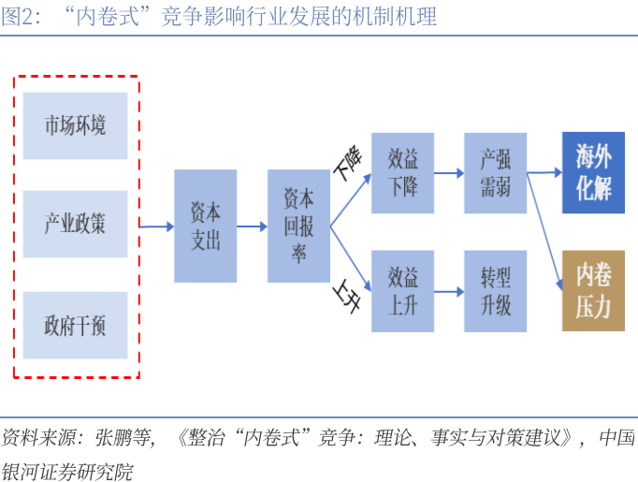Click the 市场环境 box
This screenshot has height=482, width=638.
[x=75, y=125]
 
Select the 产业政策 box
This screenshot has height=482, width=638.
[x=75, y=224]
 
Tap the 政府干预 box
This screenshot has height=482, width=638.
[x=75, y=326]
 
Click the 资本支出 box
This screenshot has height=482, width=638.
[x=206, y=226]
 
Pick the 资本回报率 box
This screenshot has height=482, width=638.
[x=298, y=226]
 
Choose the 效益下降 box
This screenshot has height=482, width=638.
[x=403, y=173]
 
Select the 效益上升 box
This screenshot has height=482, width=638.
[x=403, y=291]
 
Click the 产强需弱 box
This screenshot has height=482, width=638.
[x=496, y=173]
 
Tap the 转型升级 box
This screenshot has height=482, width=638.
[x=496, y=291]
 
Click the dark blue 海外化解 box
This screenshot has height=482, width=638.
[x=594, y=172]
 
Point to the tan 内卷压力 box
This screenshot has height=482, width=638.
[x=594, y=291]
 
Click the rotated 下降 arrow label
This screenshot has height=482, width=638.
[x=348, y=163]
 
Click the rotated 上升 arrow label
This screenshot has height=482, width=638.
[x=347, y=296]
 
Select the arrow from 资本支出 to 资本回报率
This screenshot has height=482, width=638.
[x=253, y=226]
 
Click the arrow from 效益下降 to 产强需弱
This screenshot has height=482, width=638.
[x=449, y=173]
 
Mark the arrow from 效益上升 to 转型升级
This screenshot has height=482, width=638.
[x=449, y=291]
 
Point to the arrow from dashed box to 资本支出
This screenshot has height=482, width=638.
[x=156, y=226]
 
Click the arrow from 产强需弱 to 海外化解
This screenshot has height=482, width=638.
[x=544, y=173]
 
